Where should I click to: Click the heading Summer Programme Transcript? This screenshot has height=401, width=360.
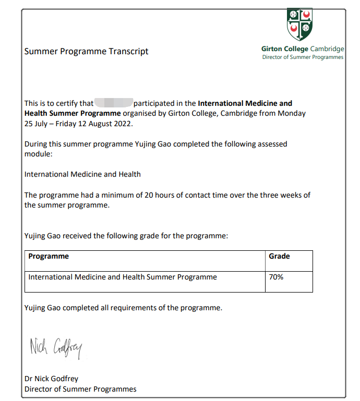coord(87,51)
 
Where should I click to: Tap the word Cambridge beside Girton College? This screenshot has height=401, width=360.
coord(327,49)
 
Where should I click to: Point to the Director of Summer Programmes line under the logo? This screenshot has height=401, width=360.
coord(303,57)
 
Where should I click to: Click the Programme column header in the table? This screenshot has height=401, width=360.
coord(49,256)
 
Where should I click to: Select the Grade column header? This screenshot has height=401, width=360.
coord(279,256)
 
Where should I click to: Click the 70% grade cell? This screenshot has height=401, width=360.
coord(276,277)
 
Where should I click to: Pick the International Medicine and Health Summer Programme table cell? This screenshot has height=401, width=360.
coord(123,277)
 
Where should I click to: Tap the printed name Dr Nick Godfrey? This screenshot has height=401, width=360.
coord(51,379)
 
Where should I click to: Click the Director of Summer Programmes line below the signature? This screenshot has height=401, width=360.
coord(80,389)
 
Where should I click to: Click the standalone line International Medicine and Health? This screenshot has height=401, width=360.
coord(82,174)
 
